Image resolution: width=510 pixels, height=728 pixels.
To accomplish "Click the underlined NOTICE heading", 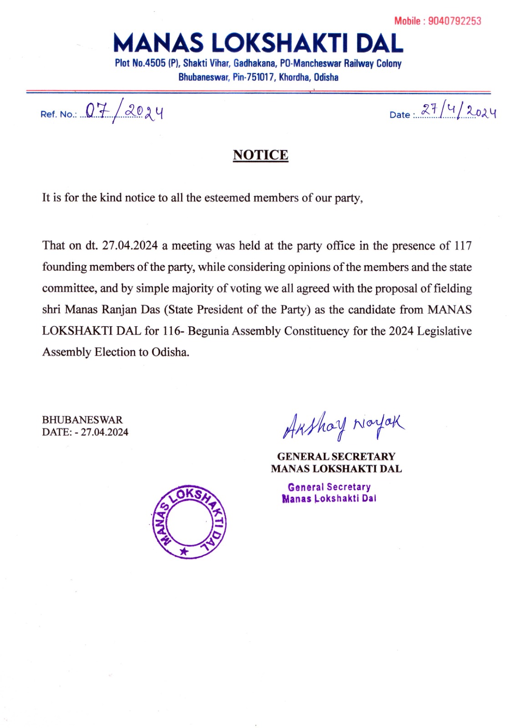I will [260, 155].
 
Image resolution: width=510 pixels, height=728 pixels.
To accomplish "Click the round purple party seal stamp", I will [188, 521].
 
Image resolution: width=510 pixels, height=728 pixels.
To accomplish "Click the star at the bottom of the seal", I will [184, 551].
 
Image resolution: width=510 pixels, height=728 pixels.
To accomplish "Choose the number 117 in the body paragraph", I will [463, 246].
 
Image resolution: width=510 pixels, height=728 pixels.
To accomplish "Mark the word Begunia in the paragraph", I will [208, 331].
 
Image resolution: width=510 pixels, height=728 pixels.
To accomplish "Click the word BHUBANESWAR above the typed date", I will [82, 420].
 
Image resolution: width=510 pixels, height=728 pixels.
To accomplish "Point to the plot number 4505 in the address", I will [155, 64].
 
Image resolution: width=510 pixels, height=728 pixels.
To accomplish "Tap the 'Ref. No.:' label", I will [59, 115].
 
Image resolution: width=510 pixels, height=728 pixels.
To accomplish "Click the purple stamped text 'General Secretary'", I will [329, 487].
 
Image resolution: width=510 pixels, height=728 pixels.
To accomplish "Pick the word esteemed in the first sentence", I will [227, 198].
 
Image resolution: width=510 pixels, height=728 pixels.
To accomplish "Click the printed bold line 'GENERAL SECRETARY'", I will [336, 456].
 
